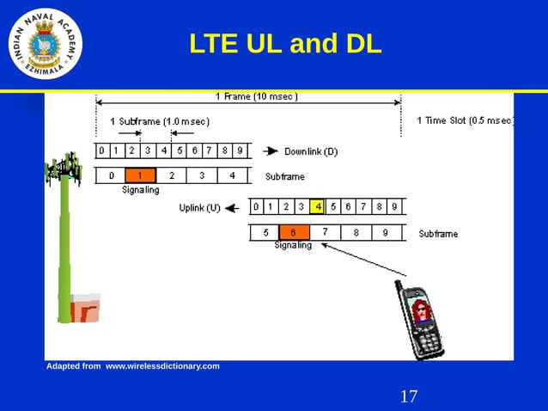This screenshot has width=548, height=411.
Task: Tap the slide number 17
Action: coord(409,396)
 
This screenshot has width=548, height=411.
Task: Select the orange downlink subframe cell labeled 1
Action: coord(140,175)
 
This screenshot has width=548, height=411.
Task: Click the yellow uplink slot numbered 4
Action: coord(318,206)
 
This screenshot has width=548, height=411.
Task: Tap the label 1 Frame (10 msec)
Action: coord(256,96)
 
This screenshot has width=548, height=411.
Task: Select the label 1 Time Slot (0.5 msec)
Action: coord(464,120)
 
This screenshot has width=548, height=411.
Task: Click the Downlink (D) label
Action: coord(311,151)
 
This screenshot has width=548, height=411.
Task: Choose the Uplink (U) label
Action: coord(200,207)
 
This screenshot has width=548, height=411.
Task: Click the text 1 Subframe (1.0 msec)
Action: coord(160,121)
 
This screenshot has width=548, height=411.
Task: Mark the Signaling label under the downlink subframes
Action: coord(140,190)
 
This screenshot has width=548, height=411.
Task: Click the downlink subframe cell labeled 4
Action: coord(233,175)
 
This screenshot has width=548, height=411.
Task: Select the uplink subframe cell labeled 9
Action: coord(386,232)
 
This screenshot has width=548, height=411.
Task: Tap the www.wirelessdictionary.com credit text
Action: coord(161,366)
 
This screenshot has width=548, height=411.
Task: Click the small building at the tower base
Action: coord(84,308)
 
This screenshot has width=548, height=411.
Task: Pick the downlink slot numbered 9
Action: coord(240,150)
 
